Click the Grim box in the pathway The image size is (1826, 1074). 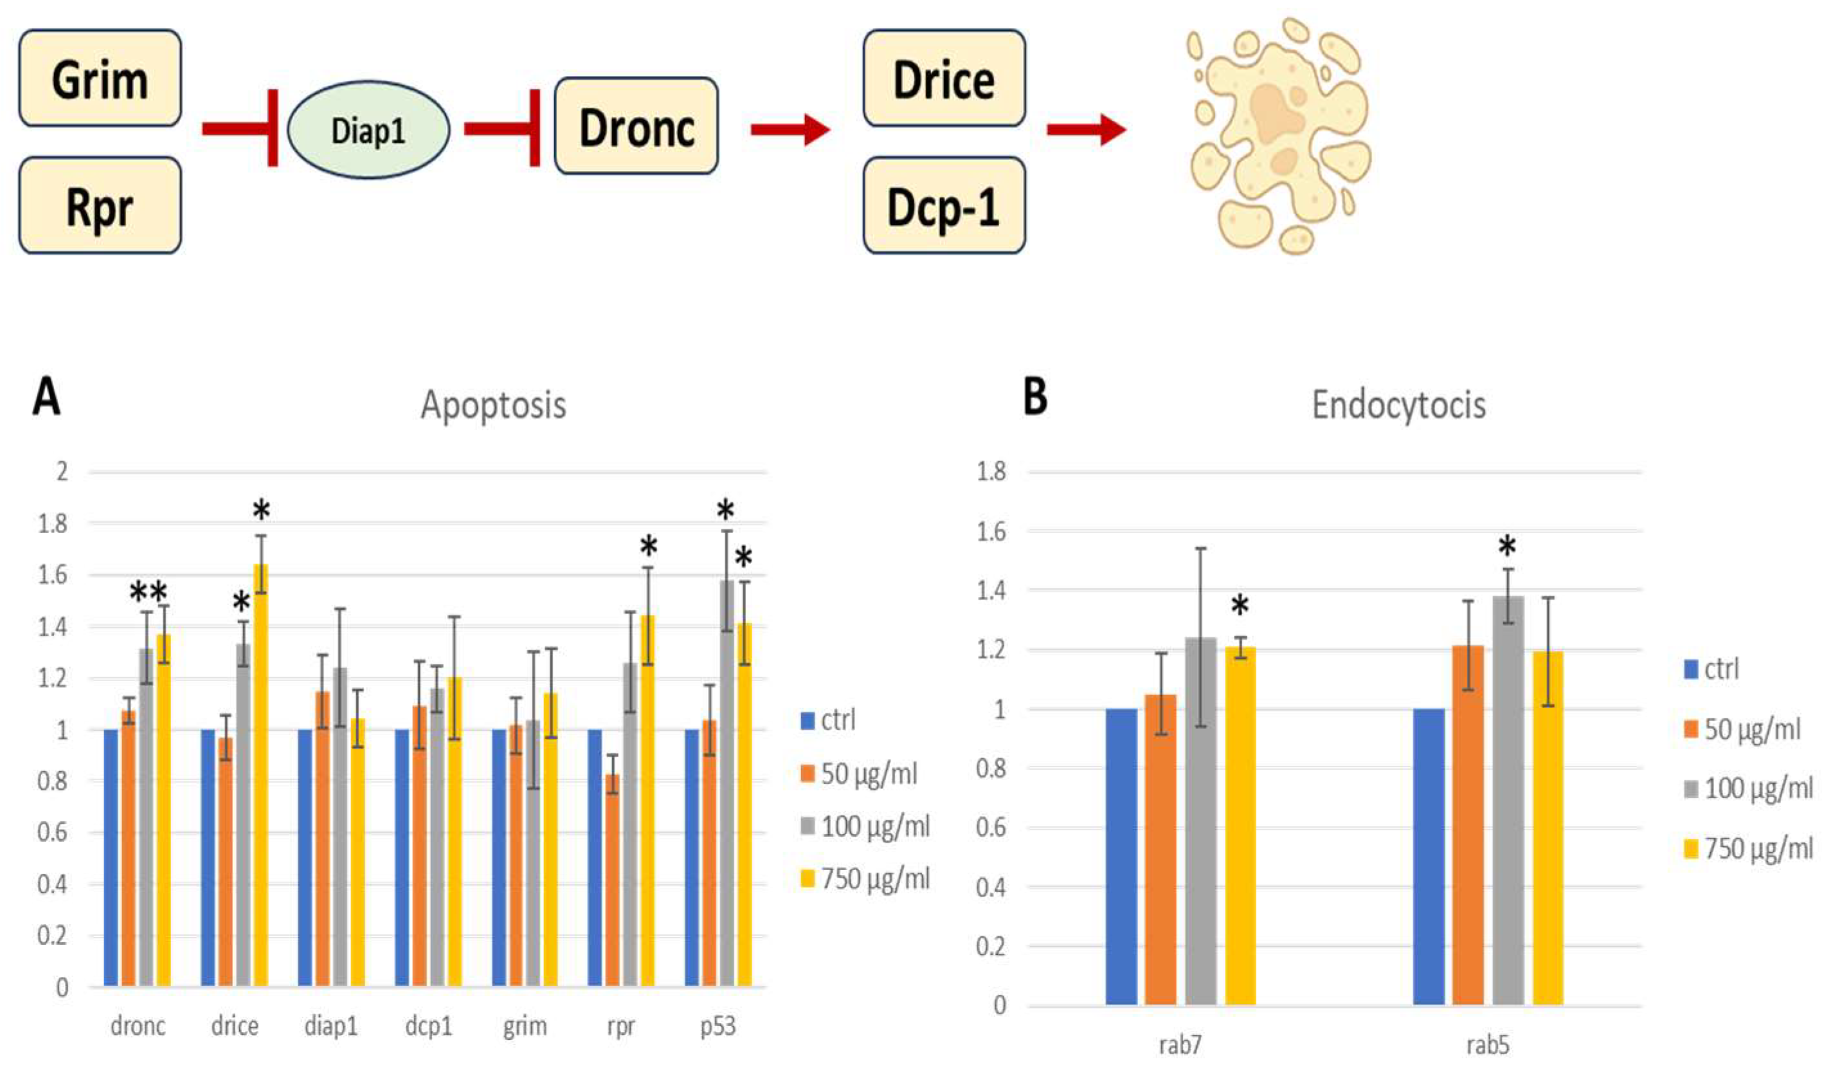click(100, 78)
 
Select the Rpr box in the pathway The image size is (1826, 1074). click(100, 206)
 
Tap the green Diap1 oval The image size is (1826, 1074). click(368, 131)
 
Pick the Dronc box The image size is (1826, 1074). click(636, 127)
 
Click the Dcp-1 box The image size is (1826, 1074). click(943, 206)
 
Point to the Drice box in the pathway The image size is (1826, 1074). click(943, 78)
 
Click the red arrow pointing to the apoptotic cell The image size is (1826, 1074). click(1085, 130)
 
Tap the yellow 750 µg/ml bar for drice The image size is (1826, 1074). click(260, 776)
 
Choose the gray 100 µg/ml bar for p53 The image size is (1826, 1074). click(726, 783)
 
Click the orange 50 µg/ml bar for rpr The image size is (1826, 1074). click(612, 880)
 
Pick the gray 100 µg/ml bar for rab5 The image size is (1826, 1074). click(1508, 801)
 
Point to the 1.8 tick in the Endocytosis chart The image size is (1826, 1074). click(991, 473)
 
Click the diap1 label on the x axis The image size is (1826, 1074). click(331, 1026)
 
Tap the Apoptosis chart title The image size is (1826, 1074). click(493, 405)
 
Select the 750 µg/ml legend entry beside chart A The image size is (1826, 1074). click(865, 879)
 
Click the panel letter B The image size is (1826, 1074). click(1035, 397)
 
